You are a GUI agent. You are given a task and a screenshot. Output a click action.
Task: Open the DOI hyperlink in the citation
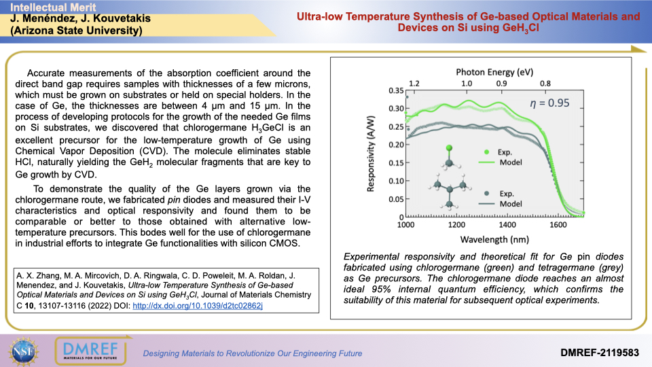click(196, 305)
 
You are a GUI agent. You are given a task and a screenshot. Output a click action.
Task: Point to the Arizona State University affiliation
click(75, 31)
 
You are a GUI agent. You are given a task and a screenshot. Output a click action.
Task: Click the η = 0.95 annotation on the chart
click(549, 103)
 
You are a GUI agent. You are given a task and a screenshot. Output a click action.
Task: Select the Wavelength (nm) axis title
click(494, 240)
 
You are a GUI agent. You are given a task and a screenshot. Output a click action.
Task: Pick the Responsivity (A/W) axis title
click(372, 154)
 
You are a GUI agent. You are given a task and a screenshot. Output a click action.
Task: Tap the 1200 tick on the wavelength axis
click(456, 225)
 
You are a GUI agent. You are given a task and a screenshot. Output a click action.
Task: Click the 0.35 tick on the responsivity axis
click(395, 90)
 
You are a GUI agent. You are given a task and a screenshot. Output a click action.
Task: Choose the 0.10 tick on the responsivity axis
click(395, 181)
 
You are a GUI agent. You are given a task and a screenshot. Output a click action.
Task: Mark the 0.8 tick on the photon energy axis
click(545, 83)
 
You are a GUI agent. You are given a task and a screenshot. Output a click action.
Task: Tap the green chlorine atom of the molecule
click(448, 148)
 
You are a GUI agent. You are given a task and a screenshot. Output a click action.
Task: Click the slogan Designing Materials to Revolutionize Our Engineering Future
click(252, 353)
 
